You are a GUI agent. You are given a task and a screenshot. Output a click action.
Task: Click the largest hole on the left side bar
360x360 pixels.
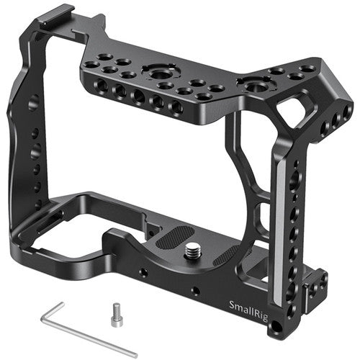tap(33, 103)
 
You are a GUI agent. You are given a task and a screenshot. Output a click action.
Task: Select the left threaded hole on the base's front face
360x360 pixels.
tap(143, 273)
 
